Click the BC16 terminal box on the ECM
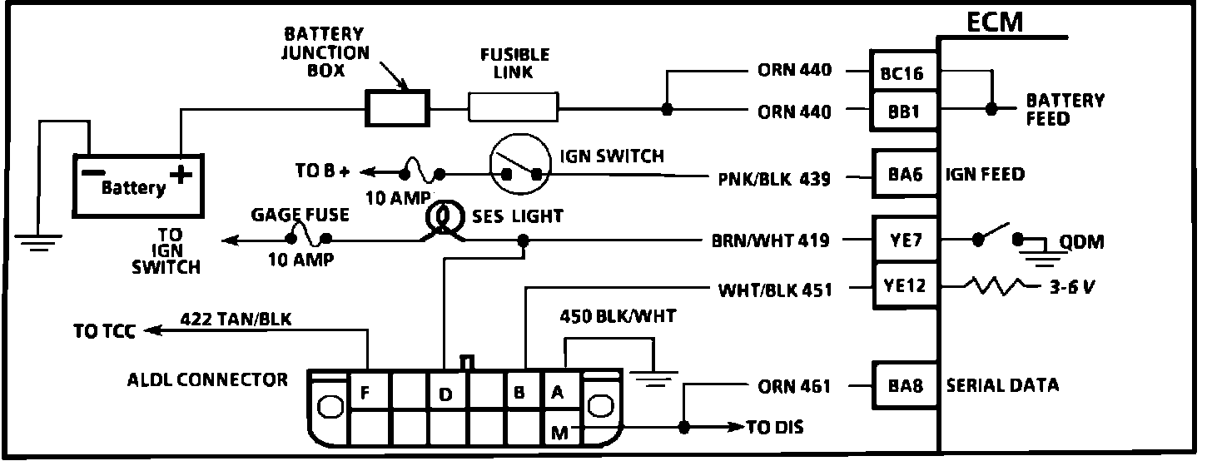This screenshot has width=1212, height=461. pyautogui.click(x=902, y=73)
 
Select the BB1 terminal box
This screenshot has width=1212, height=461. pyautogui.click(x=902, y=111)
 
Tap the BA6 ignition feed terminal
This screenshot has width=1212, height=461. pyautogui.click(x=902, y=176)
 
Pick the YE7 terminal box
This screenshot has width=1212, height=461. pyautogui.click(x=902, y=241)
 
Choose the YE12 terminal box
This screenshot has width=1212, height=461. pyautogui.click(x=902, y=287)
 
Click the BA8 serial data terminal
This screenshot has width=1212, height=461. pyautogui.click(x=902, y=386)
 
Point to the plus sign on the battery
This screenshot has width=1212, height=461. pyautogui.click(x=180, y=175)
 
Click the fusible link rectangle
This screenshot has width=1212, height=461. pyautogui.click(x=514, y=108)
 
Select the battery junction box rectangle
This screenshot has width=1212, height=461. pyautogui.click(x=398, y=108)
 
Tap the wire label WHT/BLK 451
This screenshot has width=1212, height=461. pyautogui.click(x=774, y=290)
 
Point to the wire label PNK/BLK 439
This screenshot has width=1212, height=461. pyautogui.click(x=774, y=178)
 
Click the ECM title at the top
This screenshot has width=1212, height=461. pyautogui.click(x=994, y=22)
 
